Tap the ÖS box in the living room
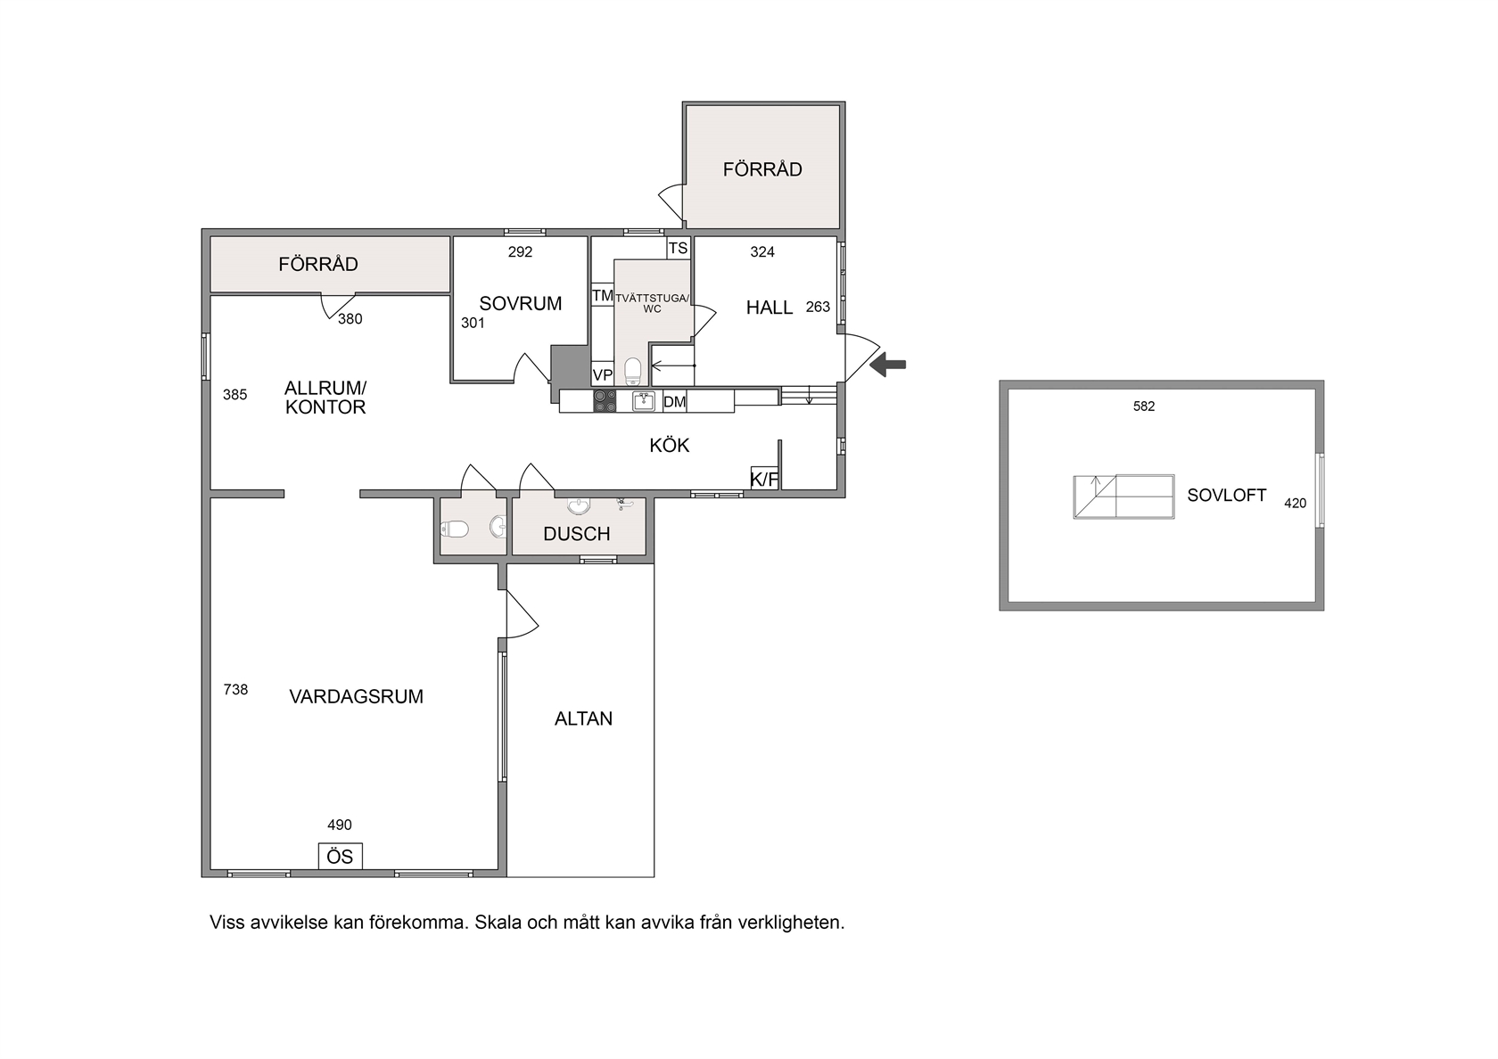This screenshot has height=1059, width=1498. point(341,856)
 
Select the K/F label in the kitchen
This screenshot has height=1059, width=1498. point(764,478)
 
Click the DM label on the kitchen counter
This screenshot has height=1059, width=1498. point(675,401)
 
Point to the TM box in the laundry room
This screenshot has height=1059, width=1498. point(603,295)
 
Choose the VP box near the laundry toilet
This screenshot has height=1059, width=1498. point(603,374)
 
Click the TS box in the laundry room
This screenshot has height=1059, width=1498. point(678,248)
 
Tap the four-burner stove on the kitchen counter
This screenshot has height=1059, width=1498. point(605,401)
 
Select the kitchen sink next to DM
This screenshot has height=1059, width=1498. point(644,401)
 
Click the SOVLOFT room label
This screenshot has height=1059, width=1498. point(1227,496)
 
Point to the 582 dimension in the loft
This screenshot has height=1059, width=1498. point(1144,406)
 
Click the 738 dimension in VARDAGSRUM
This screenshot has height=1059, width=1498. point(235,689)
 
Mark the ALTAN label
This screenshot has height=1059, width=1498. point(583,718)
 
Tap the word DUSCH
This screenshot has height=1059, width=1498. point(576,534)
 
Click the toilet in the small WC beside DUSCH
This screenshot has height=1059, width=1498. point(455,530)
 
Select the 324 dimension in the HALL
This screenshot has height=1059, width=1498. point(762,252)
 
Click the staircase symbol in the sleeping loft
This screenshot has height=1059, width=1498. point(1123,497)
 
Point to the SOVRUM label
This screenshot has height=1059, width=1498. point(521,303)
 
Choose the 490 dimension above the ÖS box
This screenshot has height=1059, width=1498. point(340,825)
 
